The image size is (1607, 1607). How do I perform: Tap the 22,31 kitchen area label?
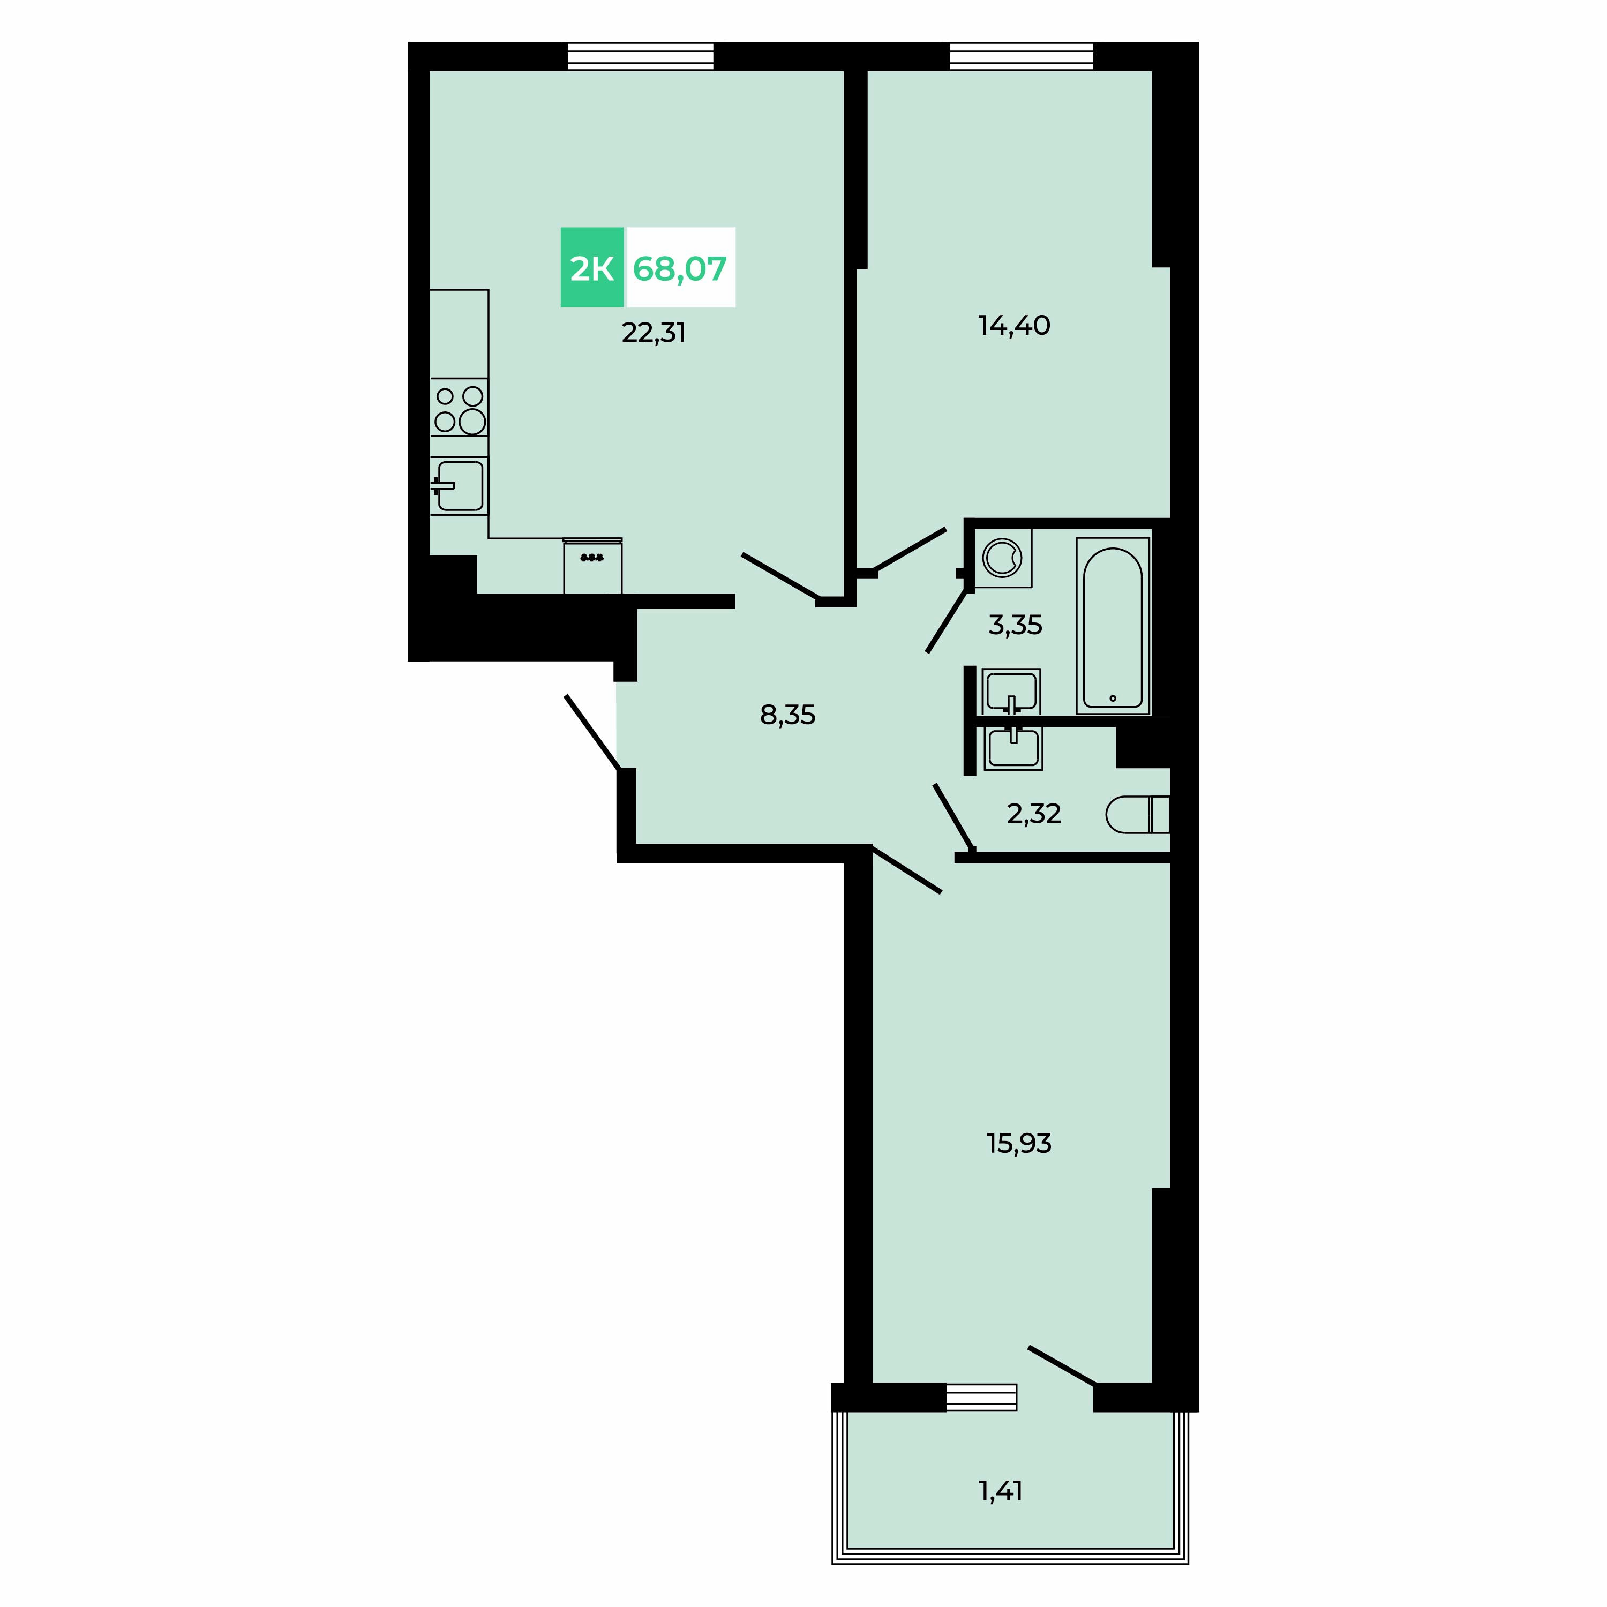pos(654,333)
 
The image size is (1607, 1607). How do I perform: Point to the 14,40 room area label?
pos(1014,325)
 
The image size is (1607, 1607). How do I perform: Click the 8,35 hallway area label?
pos(787,715)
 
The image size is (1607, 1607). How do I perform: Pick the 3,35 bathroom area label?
pos(1015,625)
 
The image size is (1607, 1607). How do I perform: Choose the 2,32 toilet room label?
pos(1034,814)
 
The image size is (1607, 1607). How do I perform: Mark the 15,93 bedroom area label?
pos(1019,1144)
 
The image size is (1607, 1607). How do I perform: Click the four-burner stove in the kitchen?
pos(459,408)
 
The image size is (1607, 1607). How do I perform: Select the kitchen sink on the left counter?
pos(459,486)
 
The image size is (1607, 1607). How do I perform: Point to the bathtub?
pos(1113,626)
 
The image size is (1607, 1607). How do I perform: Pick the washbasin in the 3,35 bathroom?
pos(1011,691)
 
